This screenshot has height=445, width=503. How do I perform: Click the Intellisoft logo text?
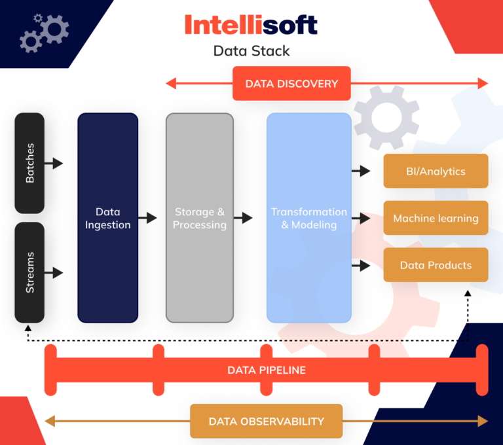pyautogui.click(x=251, y=26)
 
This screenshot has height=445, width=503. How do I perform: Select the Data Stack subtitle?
pyautogui.click(x=251, y=51)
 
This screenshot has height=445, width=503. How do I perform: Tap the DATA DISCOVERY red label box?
pyautogui.click(x=291, y=84)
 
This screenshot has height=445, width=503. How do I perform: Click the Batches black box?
pyautogui.click(x=29, y=163)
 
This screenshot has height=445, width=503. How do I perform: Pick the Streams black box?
pyautogui.click(x=29, y=272)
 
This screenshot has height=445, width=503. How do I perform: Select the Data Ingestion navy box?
pyautogui.click(x=107, y=218)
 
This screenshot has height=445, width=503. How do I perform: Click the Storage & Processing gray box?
pyautogui.click(x=199, y=218)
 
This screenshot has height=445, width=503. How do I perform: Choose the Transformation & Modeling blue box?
pyautogui.click(x=308, y=218)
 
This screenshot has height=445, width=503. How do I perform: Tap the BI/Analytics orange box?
pyautogui.click(x=436, y=171)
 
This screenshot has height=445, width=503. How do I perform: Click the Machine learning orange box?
pyautogui.click(x=436, y=219)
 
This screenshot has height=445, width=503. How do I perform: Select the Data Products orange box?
pyautogui.click(x=436, y=265)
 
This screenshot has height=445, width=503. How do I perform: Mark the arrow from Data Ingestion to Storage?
pyautogui.click(x=148, y=218)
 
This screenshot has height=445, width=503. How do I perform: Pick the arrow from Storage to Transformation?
pyautogui.click(x=243, y=218)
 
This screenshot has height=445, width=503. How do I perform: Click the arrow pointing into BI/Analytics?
pyautogui.click(x=362, y=171)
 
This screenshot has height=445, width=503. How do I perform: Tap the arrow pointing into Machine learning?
pyautogui.click(x=362, y=219)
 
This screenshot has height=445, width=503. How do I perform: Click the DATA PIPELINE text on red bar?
pyautogui.click(x=267, y=370)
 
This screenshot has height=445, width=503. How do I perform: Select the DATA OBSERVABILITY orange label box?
pyautogui.click(x=267, y=421)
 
